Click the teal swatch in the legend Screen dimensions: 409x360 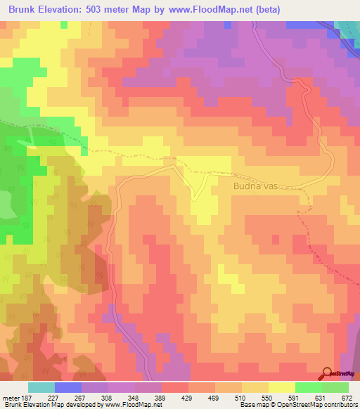(41, 387)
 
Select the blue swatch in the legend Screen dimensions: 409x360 (68, 387)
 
